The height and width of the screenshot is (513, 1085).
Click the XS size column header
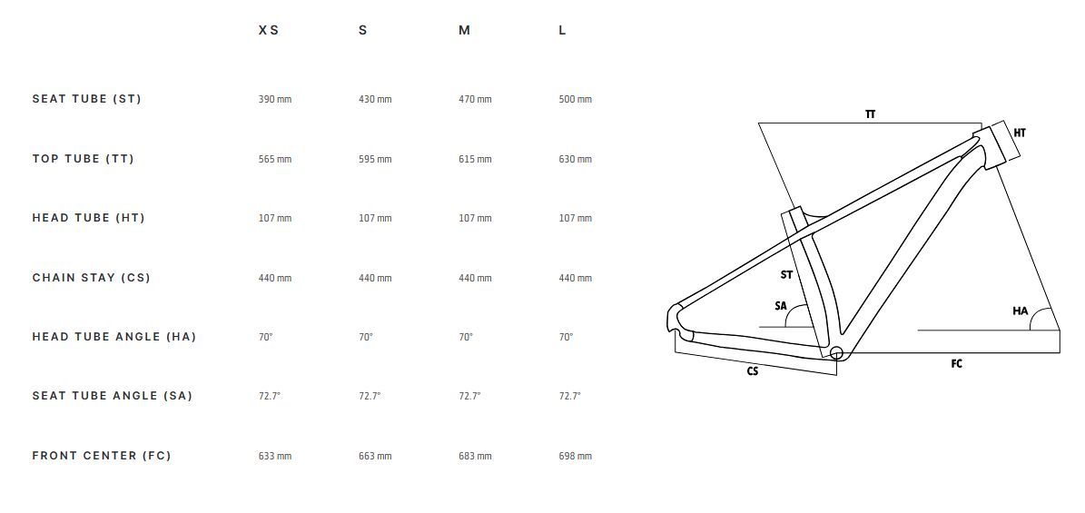(x=269, y=31)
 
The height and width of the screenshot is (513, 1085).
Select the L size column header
(x=562, y=31)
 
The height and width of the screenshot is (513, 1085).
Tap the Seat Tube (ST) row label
(x=86, y=99)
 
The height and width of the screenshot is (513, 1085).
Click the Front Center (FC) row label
(x=101, y=456)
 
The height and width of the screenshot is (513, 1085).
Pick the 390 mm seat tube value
(x=275, y=100)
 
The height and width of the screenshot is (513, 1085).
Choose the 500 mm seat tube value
(x=575, y=100)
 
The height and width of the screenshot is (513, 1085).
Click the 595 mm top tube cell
(x=375, y=159)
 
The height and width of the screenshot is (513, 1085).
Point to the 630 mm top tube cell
(x=575, y=159)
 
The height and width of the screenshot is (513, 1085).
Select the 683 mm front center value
(x=475, y=456)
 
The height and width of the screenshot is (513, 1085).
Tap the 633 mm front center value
(x=275, y=456)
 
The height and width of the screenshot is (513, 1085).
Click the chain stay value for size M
(x=475, y=279)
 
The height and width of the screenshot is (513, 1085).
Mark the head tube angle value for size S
(x=365, y=337)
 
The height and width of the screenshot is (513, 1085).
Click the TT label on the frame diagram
(x=870, y=114)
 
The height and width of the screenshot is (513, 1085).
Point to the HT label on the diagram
(x=1020, y=133)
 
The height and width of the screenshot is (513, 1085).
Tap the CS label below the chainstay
(x=752, y=371)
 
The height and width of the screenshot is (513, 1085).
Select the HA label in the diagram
(x=1020, y=311)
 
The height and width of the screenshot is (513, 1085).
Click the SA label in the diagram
(x=781, y=306)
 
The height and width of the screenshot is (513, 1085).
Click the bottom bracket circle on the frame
(x=836, y=354)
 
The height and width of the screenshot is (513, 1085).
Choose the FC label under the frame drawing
(x=956, y=363)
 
